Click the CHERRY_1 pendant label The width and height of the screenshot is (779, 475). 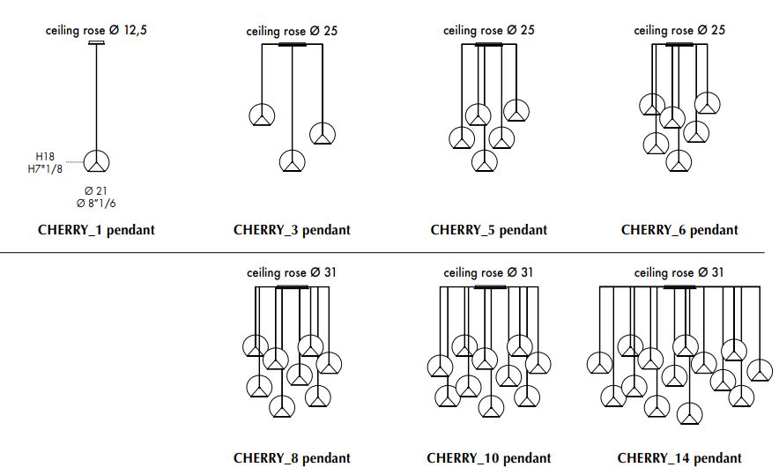[x=96, y=230]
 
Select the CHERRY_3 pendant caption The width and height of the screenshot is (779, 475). [x=293, y=230]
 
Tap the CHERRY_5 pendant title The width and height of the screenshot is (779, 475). [x=489, y=230]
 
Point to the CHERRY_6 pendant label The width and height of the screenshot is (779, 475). [x=679, y=230]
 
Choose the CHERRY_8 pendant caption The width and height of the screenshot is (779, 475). [x=293, y=458]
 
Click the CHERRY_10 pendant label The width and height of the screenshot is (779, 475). [x=489, y=458]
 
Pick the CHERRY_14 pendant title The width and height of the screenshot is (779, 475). [x=679, y=458]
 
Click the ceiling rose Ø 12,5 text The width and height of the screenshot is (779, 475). [x=96, y=30]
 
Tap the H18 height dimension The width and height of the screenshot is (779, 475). [x=45, y=157]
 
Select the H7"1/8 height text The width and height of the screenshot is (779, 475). [x=45, y=169]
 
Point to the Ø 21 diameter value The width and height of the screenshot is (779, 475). [x=96, y=191]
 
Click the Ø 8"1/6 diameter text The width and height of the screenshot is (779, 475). [x=96, y=204]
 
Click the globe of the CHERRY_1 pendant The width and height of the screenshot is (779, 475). [x=96, y=161]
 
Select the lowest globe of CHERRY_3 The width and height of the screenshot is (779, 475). [x=293, y=161]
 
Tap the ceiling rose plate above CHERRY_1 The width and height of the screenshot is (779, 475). [x=96, y=42]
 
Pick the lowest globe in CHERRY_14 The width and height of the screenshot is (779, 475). [x=690, y=413]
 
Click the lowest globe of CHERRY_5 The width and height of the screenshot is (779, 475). [x=485, y=160]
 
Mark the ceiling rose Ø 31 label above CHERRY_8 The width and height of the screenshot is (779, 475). [x=292, y=273]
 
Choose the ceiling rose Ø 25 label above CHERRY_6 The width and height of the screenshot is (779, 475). [x=679, y=30]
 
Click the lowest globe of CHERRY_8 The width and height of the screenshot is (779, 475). [x=282, y=406]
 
